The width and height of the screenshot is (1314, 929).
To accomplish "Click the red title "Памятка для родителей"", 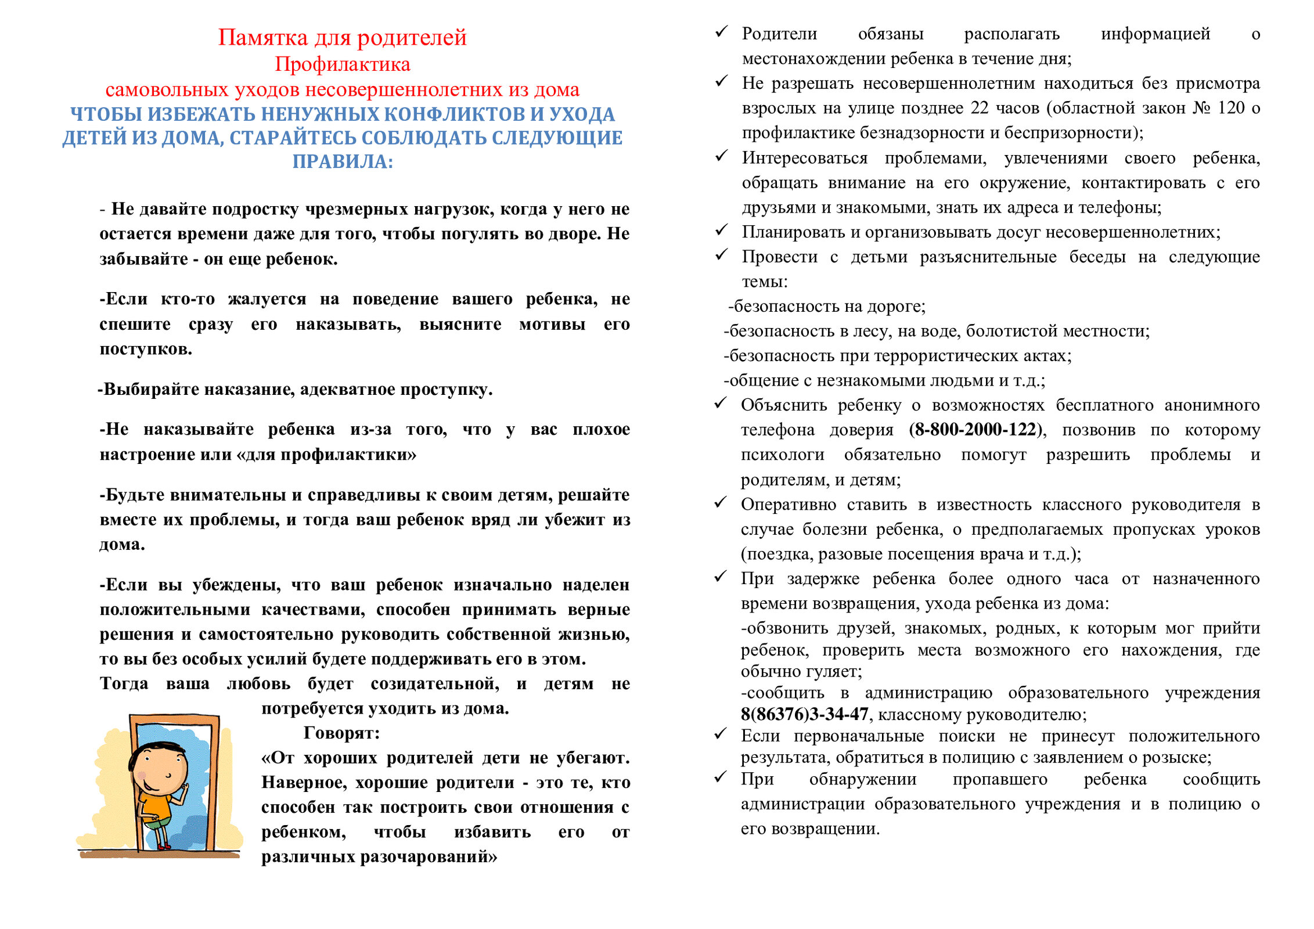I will pyautogui.click(x=342, y=38).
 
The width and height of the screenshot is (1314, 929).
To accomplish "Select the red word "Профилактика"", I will pyautogui.click(x=342, y=64).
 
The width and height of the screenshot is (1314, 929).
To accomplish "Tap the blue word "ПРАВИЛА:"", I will pyautogui.click(x=342, y=161).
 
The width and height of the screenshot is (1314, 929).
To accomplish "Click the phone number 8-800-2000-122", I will pyautogui.click(x=976, y=430).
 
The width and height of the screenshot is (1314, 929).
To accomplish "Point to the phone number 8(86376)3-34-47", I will pyautogui.click(x=804, y=714).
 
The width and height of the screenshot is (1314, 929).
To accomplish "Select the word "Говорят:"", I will pyautogui.click(x=341, y=733).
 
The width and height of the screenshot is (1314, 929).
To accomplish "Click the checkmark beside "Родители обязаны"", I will pyautogui.click(x=721, y=32).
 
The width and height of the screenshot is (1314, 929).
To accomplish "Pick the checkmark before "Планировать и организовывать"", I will pyautogui.click(x=721, y=231).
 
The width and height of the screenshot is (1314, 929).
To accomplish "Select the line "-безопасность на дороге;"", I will pyautogui.click(x=827, y=307).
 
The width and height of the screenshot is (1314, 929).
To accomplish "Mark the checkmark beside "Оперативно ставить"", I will pyautogui.click(x=721, y=503).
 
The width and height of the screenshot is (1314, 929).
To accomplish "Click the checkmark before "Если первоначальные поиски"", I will pyautogui.click(x=721, y=734).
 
